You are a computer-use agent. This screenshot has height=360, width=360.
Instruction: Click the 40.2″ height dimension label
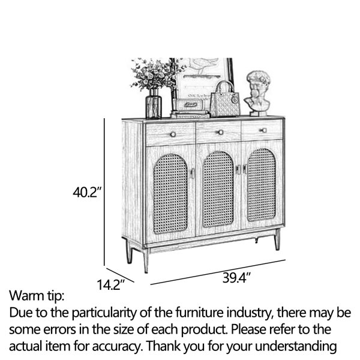tap(87, 192)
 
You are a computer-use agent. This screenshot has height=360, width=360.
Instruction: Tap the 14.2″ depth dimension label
tap(110, 284)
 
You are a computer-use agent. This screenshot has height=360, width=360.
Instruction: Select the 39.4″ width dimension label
tap(236, 278)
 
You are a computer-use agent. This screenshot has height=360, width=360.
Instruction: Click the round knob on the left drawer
tap(173, 134)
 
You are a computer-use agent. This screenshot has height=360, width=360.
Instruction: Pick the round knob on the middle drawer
tap(220, 132)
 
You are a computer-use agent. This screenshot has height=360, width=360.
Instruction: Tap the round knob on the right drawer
tap(264, 130)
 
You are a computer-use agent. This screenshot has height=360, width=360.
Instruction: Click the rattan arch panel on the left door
tap(170, 194)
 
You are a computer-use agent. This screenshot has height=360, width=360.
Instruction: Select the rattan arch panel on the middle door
tap(218, 189)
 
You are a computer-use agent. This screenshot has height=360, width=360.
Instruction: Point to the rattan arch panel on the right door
tap(262, 185)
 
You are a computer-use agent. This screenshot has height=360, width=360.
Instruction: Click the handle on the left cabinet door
tap(192, 173)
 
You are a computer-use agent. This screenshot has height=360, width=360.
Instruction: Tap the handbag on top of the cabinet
tap(225, 99)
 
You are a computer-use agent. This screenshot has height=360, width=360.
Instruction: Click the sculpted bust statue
tap(258, 93)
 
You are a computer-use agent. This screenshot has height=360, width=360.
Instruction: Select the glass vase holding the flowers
tap(154, 104)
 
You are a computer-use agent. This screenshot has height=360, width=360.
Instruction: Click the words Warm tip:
tap(37, 296)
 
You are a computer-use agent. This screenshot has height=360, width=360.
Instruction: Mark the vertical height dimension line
tap(104, 192)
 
